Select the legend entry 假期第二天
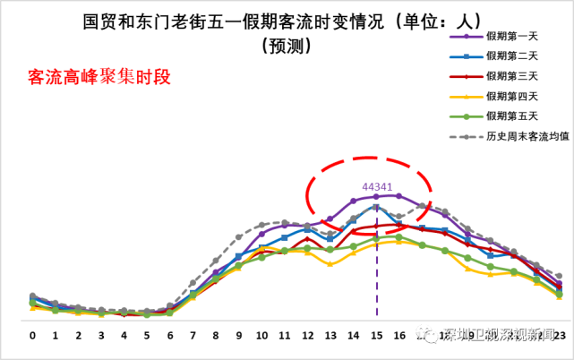click(x=512, y=56)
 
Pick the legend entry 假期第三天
click(x=512, y=75)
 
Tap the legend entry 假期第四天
click(x=512, y=96)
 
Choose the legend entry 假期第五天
click(x=512, y=116)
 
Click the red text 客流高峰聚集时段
click(x=99, y=78)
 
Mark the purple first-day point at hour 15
click(x=376, y=196)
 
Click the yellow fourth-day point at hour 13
click(x=330, y=264)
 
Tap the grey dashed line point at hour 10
click(x=261, y=225)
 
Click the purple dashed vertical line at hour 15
click(x=376, y=269)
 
